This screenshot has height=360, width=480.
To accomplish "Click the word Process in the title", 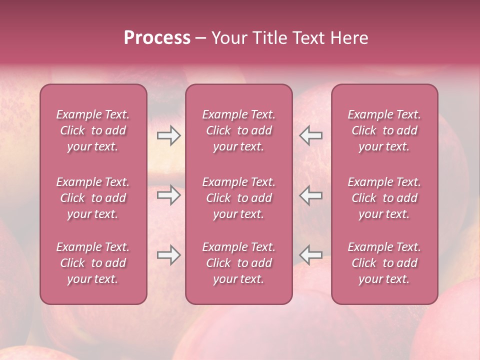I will tap(157, 38).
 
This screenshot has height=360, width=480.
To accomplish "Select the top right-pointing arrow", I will tap(169, 135).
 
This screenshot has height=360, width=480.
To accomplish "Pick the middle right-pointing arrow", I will tap(169, 195).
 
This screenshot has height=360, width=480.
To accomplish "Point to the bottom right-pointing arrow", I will tap(169, 255).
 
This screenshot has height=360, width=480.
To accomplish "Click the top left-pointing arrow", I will tap(311, 135).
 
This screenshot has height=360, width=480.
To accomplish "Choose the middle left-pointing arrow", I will tap(311, 195).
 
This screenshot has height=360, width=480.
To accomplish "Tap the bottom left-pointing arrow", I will tap(311, 255).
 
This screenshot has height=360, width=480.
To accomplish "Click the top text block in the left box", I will tap(93, 130).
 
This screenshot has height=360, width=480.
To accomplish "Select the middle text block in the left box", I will tap(93, 198).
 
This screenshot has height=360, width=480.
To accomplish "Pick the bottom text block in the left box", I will tap(93, 263).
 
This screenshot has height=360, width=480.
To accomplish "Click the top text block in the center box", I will tap(239, 130).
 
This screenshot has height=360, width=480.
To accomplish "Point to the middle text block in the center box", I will tap(239, 198).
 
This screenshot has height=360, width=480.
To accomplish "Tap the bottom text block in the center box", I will tap(239, 263).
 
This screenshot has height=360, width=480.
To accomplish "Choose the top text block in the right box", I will tap(384, 130).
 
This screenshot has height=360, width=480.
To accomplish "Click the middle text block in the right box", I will tap(384, 198).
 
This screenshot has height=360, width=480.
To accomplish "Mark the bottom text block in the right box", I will tap(384, 263).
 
